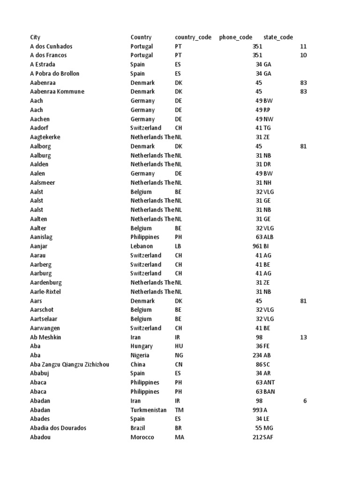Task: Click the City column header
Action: pyautogui.click(x=35, y=37)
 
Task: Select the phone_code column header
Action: pyautogui.click(x=235, y=37)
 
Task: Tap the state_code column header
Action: pyautogui.click(x=278, y=37)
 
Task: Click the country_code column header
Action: pyautogui.click(x=193, y=37)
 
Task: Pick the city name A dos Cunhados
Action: pyautogui.click(x=51, y=46)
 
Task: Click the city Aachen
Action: pyautogui.click(x=40, y=119)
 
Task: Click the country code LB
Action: pyautogui.click(x=178, y=246)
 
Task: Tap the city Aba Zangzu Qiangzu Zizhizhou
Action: pyautogui.click(x=70, y=364)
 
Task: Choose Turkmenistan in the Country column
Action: pyautogui.click(x=148, y=410)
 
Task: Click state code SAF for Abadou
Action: pyautogui.click(x=269, y=437)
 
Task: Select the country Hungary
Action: pyautogui.click(x=142, y=346)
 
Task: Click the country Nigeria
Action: pyautogui.click(x=140, y=355)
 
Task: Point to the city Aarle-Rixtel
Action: pyautogui.click(x=45, y=292)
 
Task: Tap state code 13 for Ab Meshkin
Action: pyautogui.click(x=304, y=337)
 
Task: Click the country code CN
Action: pyautogui.click(x=179, y=364)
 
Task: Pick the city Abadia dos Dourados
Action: pyautogui.click(x=58, y=428)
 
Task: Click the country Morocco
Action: pyautogui.click(x=142, y=437)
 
